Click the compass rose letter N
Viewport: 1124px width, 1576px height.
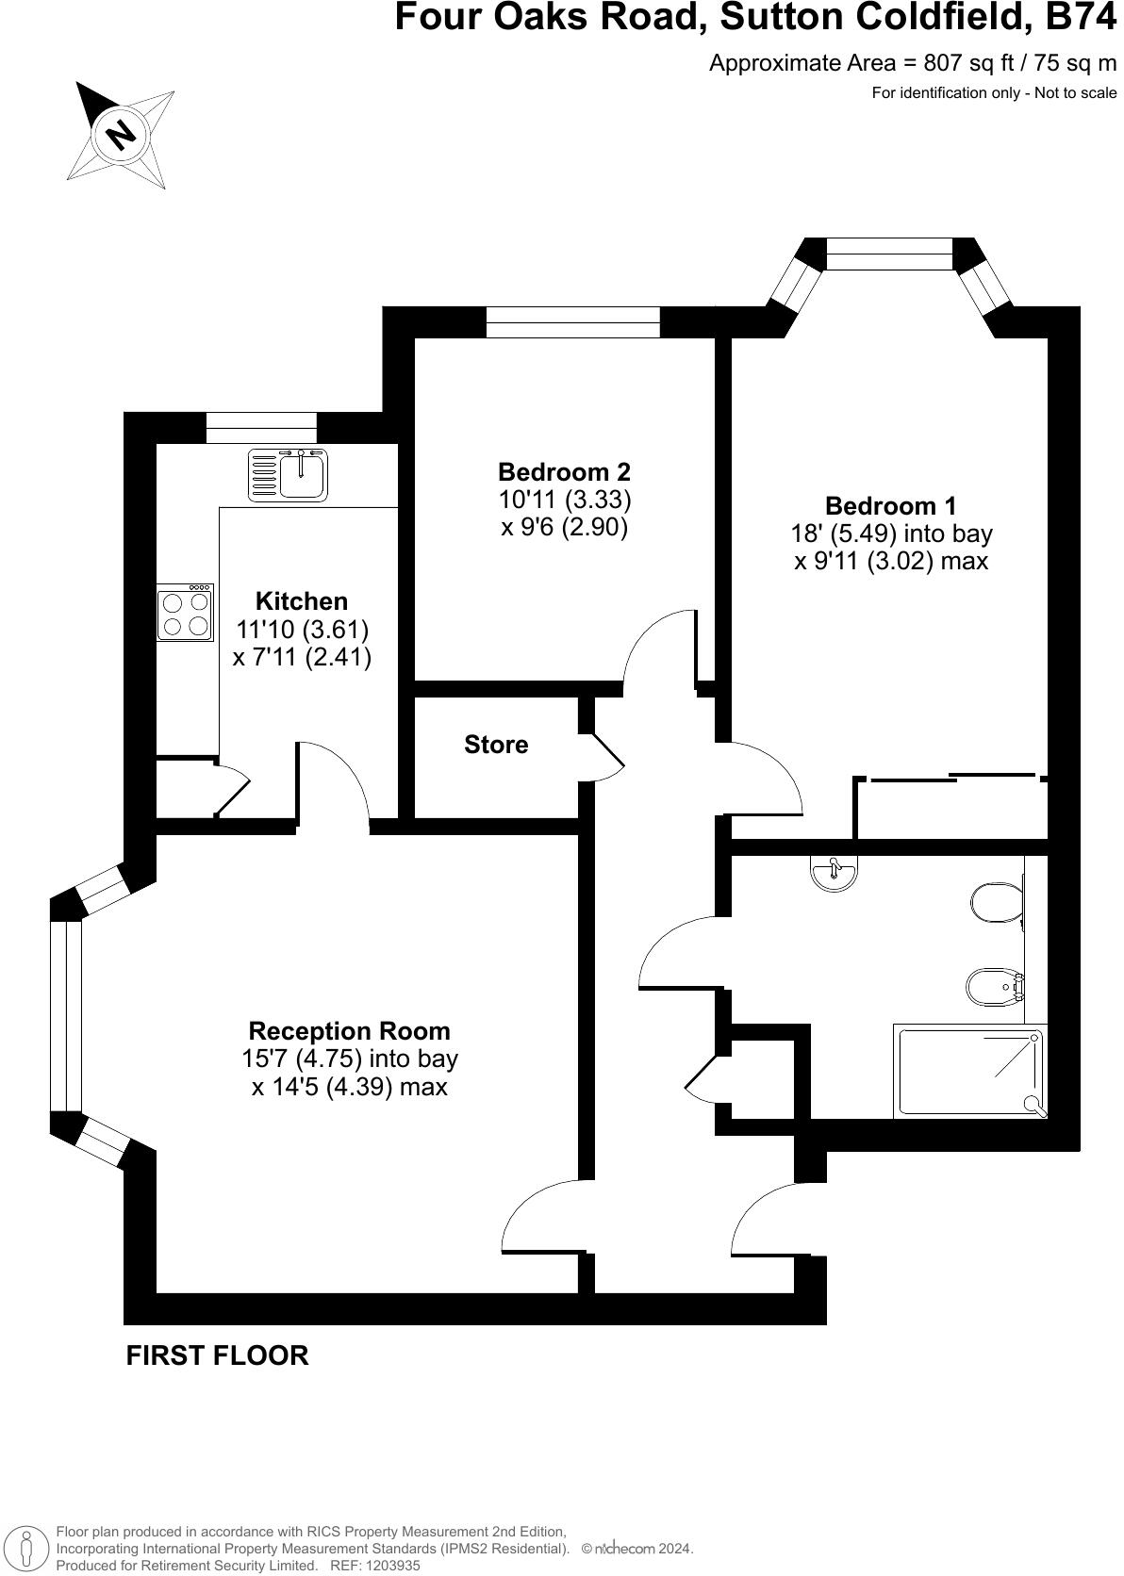pos(121,135)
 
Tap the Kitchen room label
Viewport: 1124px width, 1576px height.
pos(302,601)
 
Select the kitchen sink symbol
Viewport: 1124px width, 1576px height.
pos(289,474)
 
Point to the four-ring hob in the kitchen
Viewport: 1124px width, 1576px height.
pos(186,613)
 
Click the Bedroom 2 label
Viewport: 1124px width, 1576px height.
pos(564,471)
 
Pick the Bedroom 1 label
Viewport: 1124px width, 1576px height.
pos(890,505)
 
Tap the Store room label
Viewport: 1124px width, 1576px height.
pos(496,745)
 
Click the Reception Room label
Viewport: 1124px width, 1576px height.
pos(349,1030)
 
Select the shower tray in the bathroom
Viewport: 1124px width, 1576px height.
pos(971,1074)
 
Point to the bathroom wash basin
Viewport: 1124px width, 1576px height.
pos(834,873)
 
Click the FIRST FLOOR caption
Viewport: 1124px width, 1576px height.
pos(217,1355)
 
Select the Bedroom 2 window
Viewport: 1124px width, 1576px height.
pos(572,322)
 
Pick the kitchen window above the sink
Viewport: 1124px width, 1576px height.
pos(261,428)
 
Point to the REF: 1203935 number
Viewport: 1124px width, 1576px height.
pos(373,1566)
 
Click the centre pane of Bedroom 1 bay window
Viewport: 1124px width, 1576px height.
pos(889,254)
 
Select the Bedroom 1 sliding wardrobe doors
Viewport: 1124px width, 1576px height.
pos(952,778)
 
